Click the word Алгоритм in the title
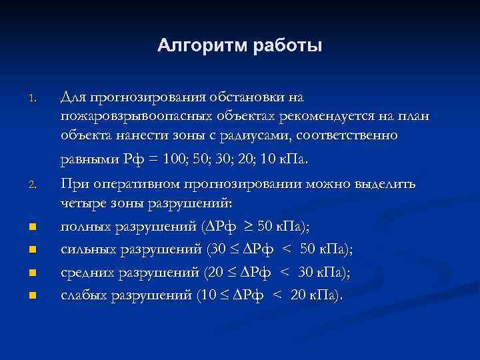tap(201, 46)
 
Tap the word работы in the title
tap(287, 46)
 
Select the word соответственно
tap(354, 137)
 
